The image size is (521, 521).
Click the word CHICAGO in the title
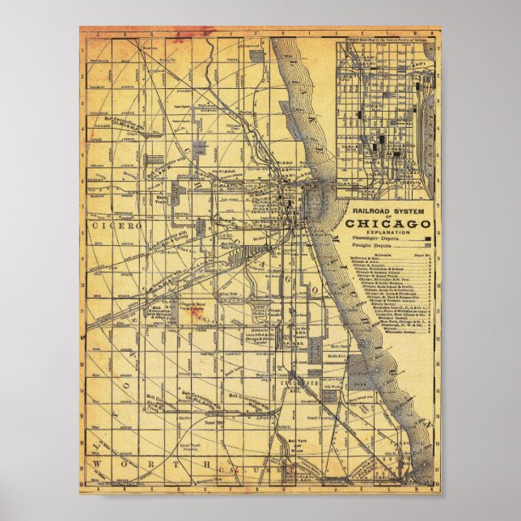pyautogui.click(x=389, y=223)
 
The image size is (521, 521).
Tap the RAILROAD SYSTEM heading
pyautogui.click(x=389, y=210)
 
